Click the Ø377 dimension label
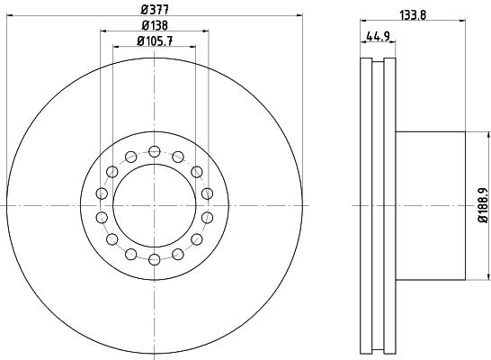point(155,9)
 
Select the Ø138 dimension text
point(155,25)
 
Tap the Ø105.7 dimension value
point(155,40)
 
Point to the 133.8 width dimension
point(413,15)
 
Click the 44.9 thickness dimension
point(378,36)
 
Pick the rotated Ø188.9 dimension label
point(483,205)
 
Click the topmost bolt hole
point(155,151)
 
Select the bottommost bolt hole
point(155,259)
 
